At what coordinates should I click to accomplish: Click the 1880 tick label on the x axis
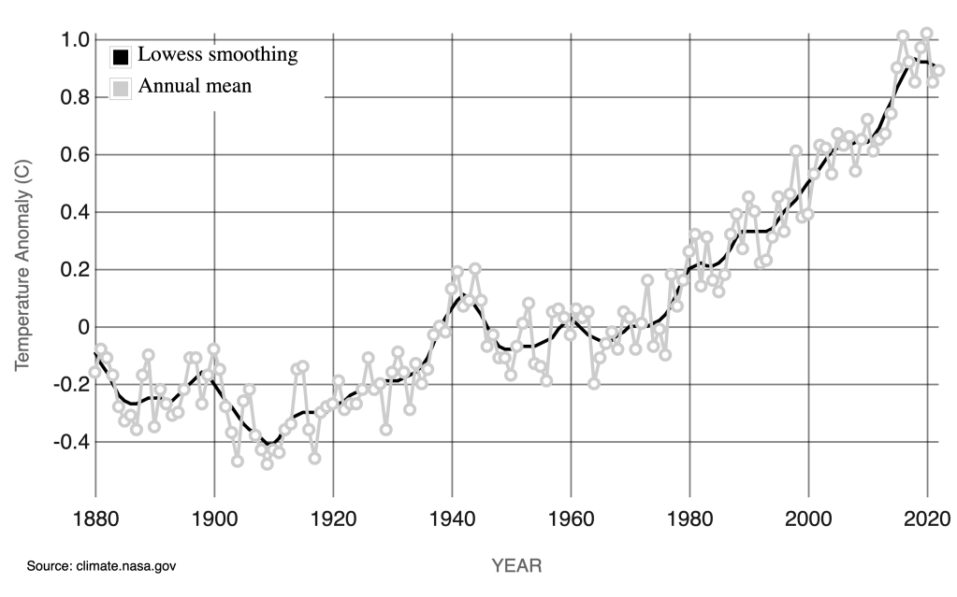[x=95, y=519]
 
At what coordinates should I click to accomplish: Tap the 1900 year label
[x=214, y=519]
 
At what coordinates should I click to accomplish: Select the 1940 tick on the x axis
[x=452, y=519]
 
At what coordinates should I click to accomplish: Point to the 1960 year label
[x=571, y=519]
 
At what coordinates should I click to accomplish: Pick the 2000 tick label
[x=808, y=519]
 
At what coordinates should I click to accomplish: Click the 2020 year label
[x=927, y=519]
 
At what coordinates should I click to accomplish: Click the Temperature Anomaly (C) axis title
[x=22, y=262]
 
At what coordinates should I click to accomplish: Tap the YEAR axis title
[x=516, y=565]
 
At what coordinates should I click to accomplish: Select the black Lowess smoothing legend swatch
[x=120, y=56]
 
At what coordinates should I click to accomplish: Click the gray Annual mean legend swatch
[x=120, y=89]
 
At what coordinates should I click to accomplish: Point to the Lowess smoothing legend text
[x=218, y=54]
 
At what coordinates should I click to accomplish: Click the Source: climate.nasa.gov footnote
[x=102, y=566]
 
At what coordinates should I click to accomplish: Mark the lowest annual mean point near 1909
[x=268, y=463]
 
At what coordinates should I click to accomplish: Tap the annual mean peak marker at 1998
[x=796, y=151]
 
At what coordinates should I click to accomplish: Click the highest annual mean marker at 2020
[x=927, y=34]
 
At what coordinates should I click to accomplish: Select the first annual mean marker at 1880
[x=95, y=372]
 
